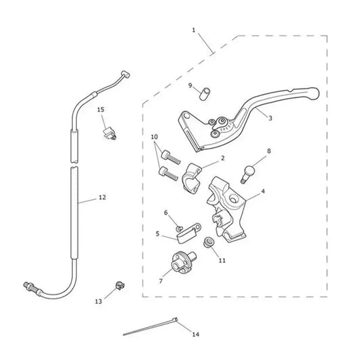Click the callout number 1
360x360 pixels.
click(194, 30)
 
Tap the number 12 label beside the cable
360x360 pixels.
click(102, 197)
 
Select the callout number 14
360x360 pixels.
click(196, 334)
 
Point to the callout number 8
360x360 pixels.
click(269, 151)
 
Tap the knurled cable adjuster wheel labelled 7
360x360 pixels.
click(183, 263)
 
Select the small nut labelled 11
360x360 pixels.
click(209, 242)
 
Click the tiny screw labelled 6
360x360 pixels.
click(180, 228)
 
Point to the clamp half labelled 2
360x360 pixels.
click(192, 177)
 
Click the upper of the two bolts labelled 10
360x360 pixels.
click(171, 157)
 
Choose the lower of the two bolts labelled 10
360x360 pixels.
click(168, 174)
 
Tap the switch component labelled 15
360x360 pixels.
click(109, 134)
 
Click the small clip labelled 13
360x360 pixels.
click(120, 286)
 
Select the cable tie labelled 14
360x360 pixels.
click(151, 326)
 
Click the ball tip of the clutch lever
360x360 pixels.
click(313, 93)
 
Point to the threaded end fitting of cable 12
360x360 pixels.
click(31, 288)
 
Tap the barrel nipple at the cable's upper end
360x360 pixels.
click(126, 74)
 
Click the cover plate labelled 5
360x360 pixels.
click(188, 233)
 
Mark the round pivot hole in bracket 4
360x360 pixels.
click(234, 199)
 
